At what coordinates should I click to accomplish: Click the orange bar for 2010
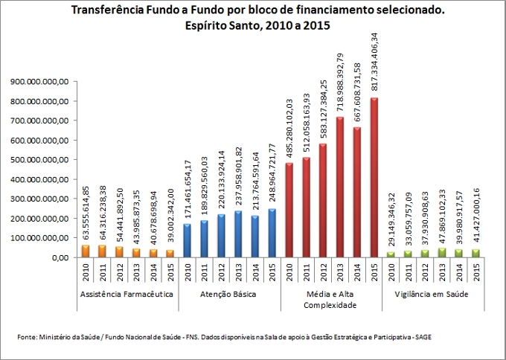[x=86, y=251]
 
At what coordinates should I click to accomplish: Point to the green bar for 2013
[x=443, y=253]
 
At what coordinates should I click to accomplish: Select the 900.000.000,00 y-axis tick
[x=38, y=82]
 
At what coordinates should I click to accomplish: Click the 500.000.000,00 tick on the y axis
[x=38, y=159]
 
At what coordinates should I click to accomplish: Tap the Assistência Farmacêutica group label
[x=127, y=295]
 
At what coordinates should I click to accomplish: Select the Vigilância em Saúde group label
[x=435, y=295]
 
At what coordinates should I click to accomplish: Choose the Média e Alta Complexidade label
[x=332, y=300]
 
